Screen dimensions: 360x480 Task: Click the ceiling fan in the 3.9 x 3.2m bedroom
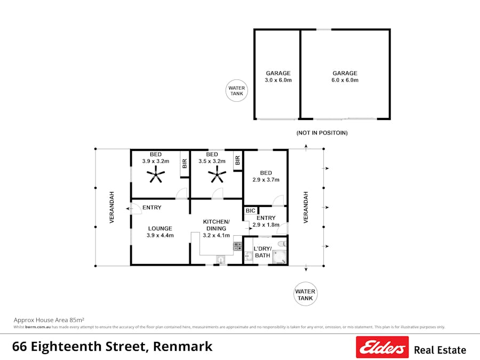coord(156,174)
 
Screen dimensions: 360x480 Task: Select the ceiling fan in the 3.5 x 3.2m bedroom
coord(217,174)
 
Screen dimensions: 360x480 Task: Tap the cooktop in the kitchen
coord(237,246)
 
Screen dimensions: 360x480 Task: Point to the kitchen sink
coord(221,260)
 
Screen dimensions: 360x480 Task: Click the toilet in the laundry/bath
coord(282,244)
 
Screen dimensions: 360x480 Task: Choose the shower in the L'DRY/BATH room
coord(279,258)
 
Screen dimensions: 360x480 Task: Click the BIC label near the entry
coord(251,211)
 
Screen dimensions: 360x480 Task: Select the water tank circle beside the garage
coord(236,91)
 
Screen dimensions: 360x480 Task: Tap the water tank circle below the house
coord(305,295)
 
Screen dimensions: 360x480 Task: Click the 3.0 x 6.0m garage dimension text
coord(278,80)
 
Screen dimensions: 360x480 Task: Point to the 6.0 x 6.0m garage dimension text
coord(345,80)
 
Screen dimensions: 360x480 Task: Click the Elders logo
coord(382,347)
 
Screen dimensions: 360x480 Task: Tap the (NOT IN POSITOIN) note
coord(322,132)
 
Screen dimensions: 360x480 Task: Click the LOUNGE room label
coord(160,228)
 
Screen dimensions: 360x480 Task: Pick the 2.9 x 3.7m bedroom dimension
coord(266,180)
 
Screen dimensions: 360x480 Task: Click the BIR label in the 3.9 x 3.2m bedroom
coord(185,164)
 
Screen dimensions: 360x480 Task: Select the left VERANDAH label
coord(112,207)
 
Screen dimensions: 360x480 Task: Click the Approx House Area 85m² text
coord(49,319)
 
